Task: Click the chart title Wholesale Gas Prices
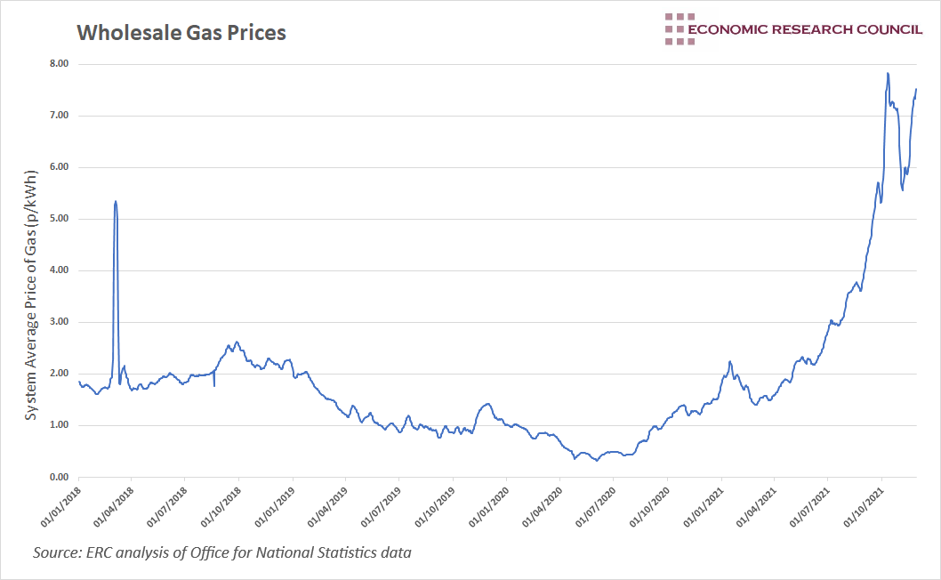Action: coord(181,33)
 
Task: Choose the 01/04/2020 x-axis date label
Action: coord(543,505)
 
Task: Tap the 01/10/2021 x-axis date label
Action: coord(865,505)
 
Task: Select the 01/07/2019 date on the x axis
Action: coord(382,505)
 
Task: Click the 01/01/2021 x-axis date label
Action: coord(704,505)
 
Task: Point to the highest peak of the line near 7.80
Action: coord(888,73)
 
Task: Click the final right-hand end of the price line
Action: coord(916,89)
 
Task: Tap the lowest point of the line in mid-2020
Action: coord(597,460)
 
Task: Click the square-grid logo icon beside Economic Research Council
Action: coord(679,28)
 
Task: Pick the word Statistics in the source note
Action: coord(344,552)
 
